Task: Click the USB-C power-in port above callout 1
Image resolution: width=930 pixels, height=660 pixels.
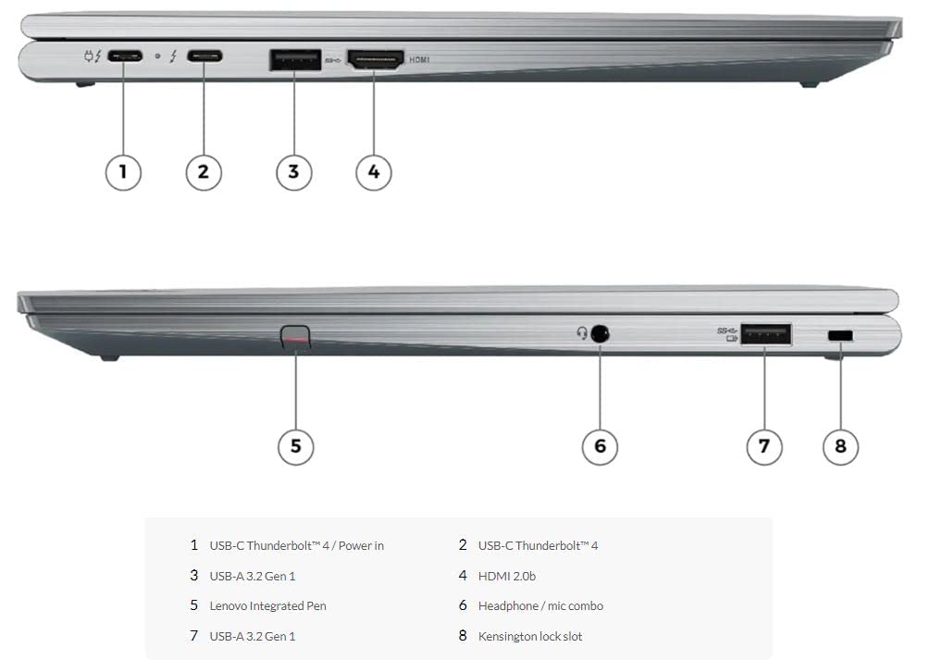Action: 125,57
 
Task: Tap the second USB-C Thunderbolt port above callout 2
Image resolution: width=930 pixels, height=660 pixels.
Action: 205,56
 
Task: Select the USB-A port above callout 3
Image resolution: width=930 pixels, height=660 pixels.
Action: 295,60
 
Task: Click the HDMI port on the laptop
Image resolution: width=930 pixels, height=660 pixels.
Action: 376,60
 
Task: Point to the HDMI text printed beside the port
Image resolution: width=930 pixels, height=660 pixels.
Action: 419,60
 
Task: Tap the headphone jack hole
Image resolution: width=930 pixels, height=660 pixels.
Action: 601,333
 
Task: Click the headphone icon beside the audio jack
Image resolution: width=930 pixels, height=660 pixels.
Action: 582,333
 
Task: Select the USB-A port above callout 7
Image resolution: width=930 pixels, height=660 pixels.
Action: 765,334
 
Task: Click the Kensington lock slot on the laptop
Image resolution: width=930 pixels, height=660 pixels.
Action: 840,336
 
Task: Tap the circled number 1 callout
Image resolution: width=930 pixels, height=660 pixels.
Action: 123,172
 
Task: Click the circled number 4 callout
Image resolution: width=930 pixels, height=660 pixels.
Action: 374,172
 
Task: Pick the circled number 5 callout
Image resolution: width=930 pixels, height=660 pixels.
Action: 296,446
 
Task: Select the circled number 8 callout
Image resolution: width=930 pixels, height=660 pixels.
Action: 840,446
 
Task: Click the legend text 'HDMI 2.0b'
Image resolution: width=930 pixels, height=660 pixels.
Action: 507,576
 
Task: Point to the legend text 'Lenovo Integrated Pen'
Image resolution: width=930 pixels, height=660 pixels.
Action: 268,606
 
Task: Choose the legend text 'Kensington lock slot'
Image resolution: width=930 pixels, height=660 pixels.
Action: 530,636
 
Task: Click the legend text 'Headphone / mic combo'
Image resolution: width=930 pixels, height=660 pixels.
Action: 541,606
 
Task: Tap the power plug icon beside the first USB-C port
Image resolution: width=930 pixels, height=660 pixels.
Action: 90,57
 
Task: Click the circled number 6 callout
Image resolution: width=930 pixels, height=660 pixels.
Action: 600,446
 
